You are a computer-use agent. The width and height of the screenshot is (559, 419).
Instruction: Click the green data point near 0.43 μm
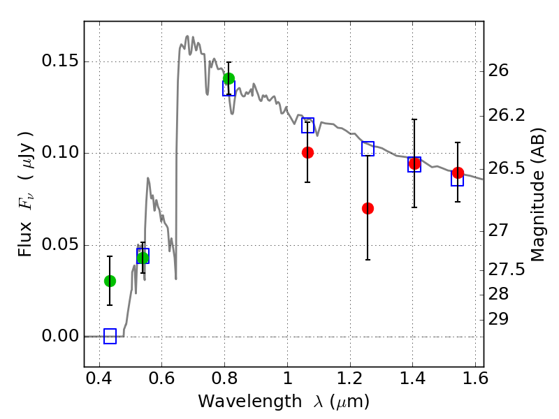point(110,281)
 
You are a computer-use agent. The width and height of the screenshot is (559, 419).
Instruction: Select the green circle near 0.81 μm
point(228,78)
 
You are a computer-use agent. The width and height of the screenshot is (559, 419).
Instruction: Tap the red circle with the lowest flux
point(368,208)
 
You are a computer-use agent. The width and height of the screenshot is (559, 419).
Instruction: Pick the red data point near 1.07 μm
point(307,152)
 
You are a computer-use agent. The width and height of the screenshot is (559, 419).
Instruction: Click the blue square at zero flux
point(110,337)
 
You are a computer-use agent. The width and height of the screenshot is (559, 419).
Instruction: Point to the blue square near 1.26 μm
point(368,149)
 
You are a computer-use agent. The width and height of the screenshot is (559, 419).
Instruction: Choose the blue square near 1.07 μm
point(307,126)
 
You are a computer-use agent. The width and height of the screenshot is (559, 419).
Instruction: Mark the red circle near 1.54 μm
point(458,172)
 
